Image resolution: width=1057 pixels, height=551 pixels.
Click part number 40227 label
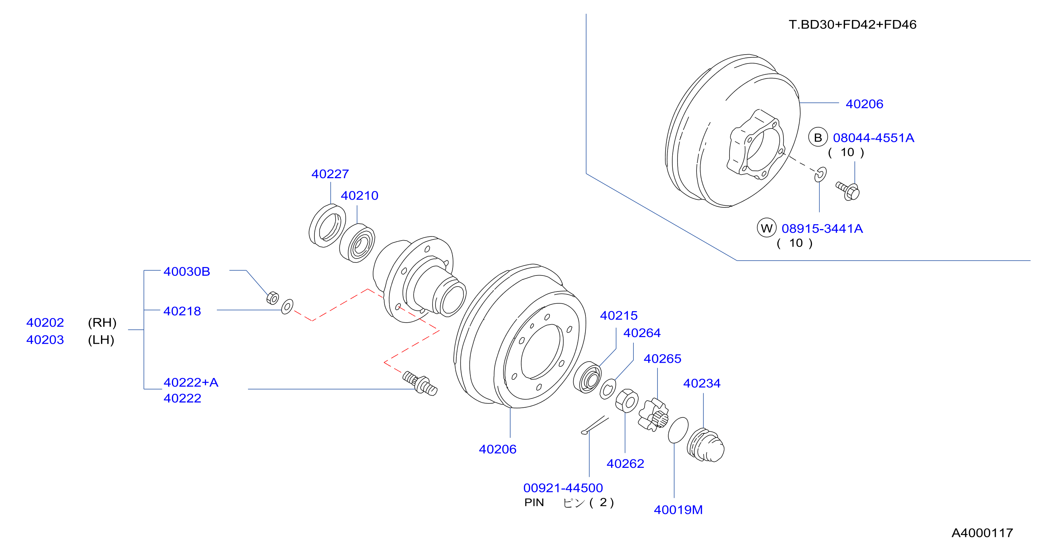click(330, 174)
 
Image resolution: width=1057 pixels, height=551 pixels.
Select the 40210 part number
click(359, 196)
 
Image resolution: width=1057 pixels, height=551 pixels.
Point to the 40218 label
click(182, 311)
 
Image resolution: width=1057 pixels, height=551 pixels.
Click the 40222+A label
click(191, 382)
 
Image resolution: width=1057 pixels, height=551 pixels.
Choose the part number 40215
click(619, 316)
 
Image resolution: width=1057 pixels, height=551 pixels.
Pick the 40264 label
click(642, 333)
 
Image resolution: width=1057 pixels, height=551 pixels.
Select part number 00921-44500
click(563, 488)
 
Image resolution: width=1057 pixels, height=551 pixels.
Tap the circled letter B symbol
click(818, 137)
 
